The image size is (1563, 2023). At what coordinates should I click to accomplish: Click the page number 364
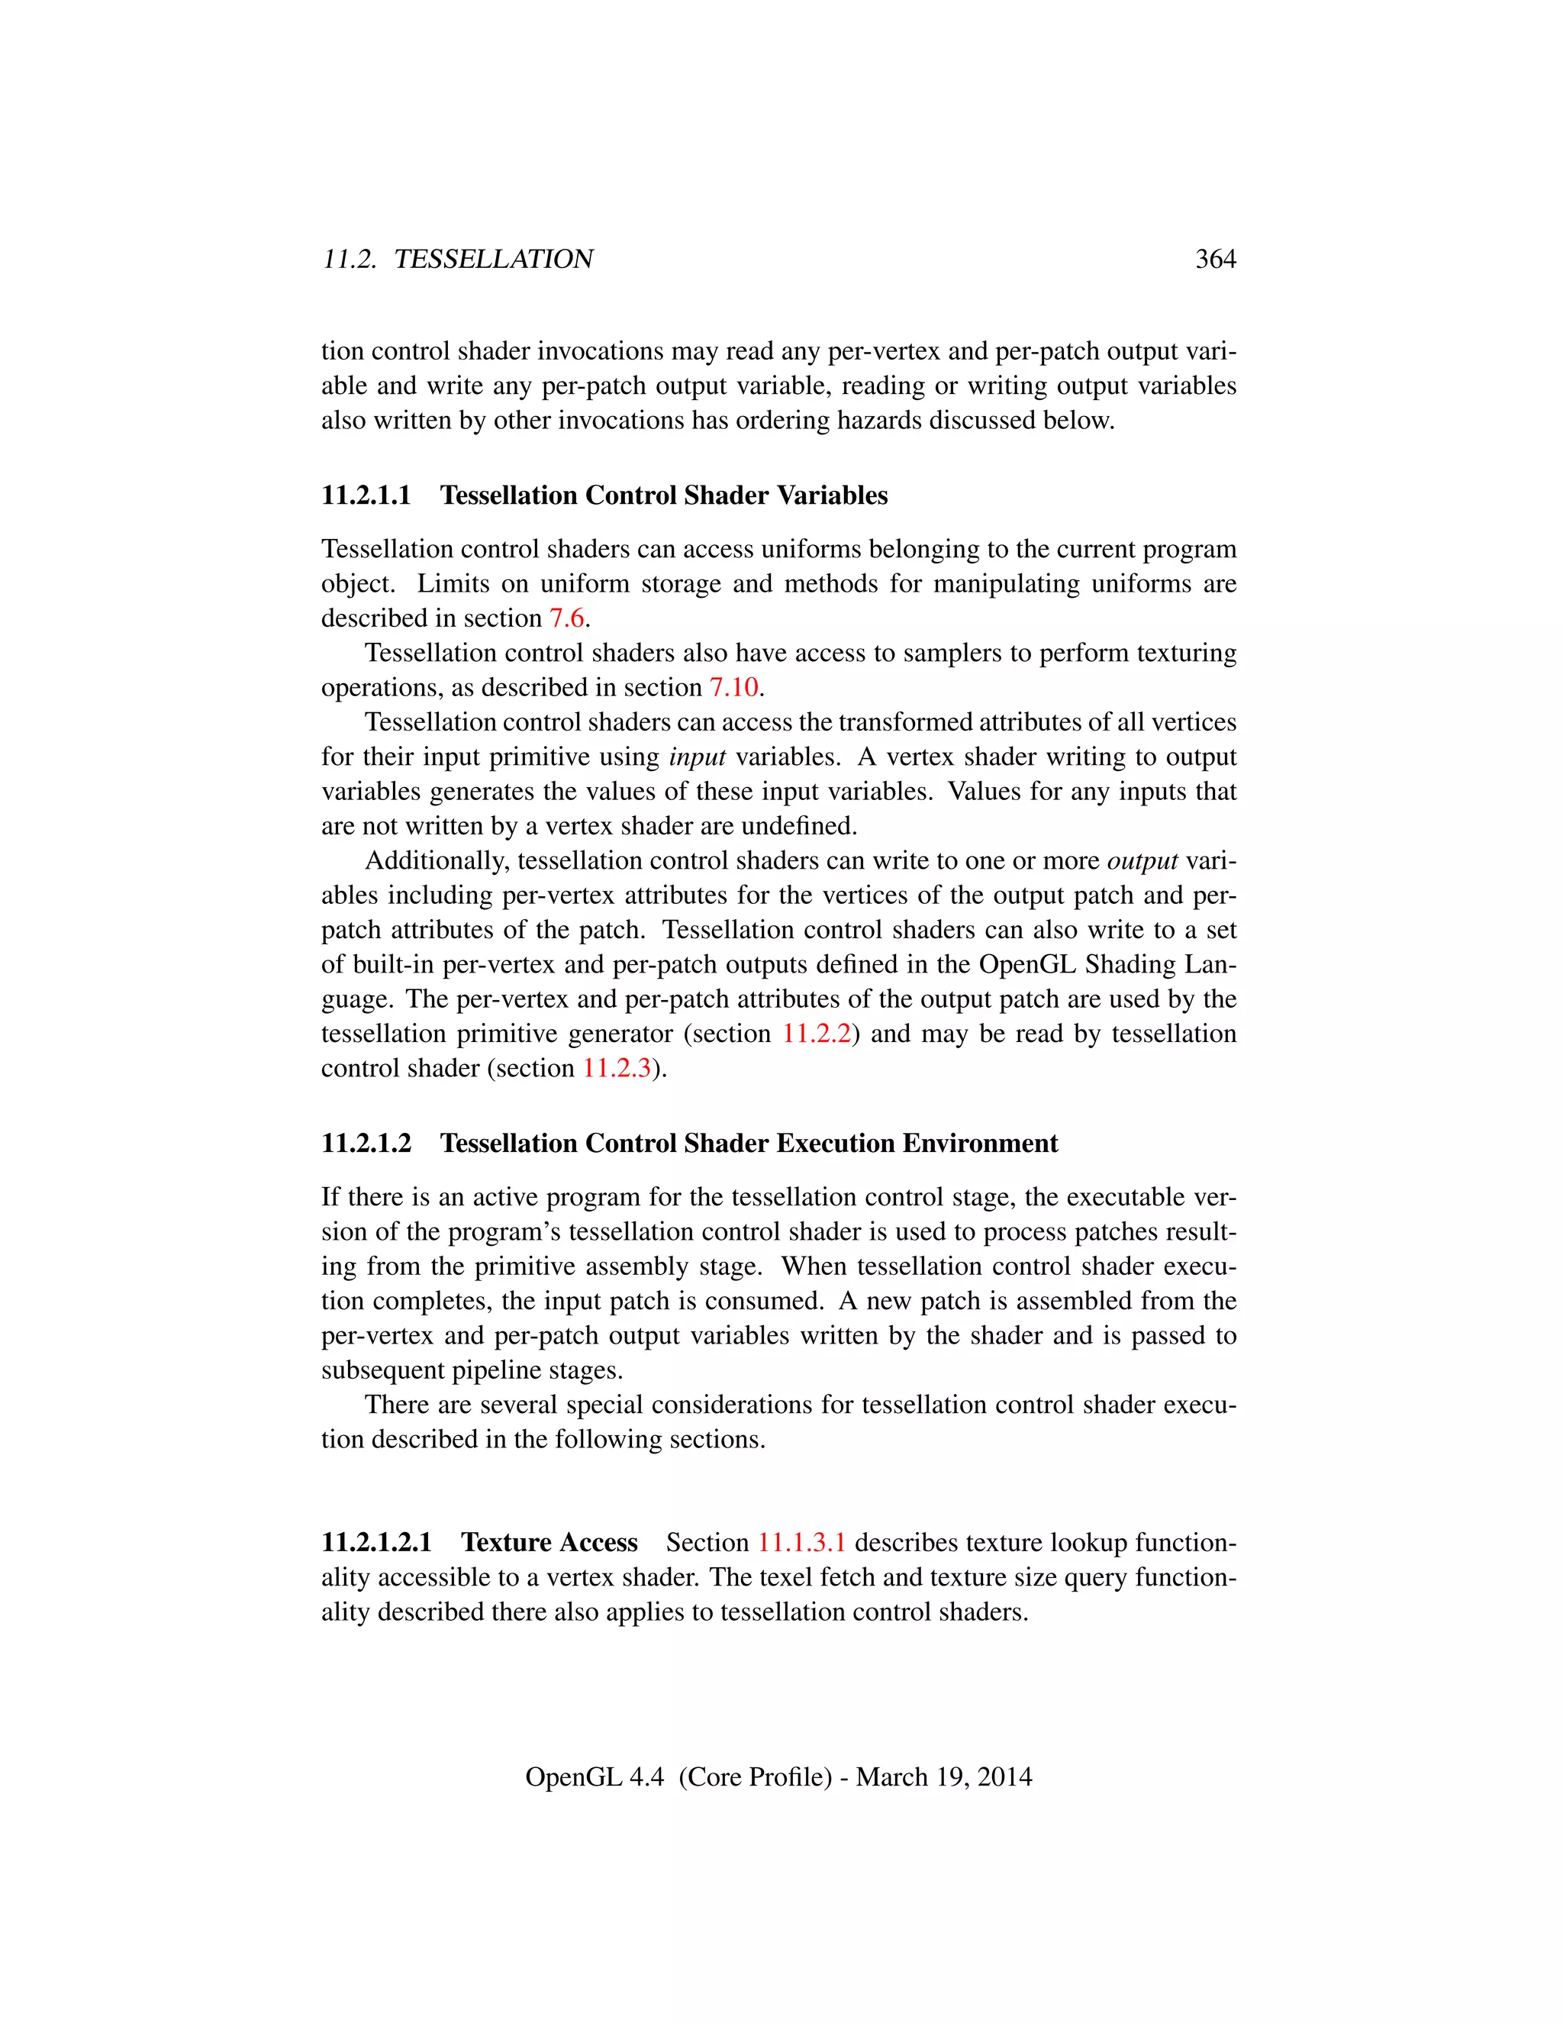(x=1215, y=260)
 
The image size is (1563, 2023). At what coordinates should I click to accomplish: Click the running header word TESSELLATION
(x=494, y=260)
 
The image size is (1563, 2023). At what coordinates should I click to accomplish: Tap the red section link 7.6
(x=567, y=618)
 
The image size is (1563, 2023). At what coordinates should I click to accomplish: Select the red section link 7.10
(x=733, y=687)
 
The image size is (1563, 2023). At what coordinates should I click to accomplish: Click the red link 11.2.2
(x=816, y=1034)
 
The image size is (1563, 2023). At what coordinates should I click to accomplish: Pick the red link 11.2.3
(x=616, y=1068)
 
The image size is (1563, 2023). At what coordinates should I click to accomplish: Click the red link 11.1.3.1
(x=801, y=1542)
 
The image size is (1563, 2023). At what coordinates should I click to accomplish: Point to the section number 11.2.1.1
(x=366, y=495)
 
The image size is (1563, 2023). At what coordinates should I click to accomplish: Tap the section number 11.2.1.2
(x=366, y=1143)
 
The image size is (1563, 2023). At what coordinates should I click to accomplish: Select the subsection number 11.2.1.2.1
(x=377, y=1542)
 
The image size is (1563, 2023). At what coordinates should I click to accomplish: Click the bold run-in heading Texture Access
(x=549, y=1542)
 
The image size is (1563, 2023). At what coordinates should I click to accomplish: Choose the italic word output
(x=1142, y=861)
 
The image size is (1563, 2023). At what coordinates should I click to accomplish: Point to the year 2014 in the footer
(x=1004, y=1776)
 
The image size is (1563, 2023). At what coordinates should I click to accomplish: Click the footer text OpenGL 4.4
(x=594, y=1776)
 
